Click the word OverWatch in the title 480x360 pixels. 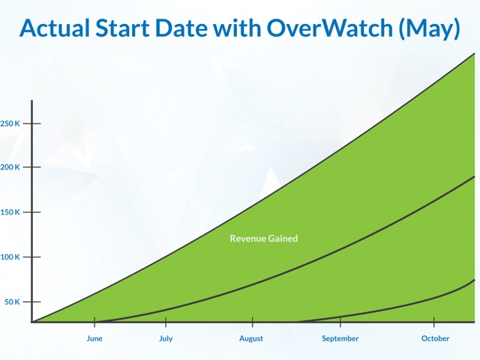point(329,28)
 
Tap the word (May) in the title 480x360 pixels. point(429,28)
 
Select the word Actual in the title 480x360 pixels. point(55,28)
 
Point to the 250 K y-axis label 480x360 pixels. point(10,124)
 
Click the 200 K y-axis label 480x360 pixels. point(10,167)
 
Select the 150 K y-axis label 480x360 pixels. point(10,212)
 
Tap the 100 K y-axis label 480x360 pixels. point(10,257)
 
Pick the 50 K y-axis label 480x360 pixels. point(12,301)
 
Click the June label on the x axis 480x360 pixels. point(94,338)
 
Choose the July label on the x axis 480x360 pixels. point(166,338)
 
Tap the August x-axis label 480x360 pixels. point(251,338)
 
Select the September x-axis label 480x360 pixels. point(340,338)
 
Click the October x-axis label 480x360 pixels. point(435,338)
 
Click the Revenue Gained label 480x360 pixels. point(264,238)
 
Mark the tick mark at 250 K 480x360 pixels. point(31,123)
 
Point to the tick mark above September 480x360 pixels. point(340,322)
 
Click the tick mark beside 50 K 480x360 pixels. point(31,301)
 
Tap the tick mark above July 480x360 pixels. point(166,322)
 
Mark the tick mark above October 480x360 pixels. point(434,322)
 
